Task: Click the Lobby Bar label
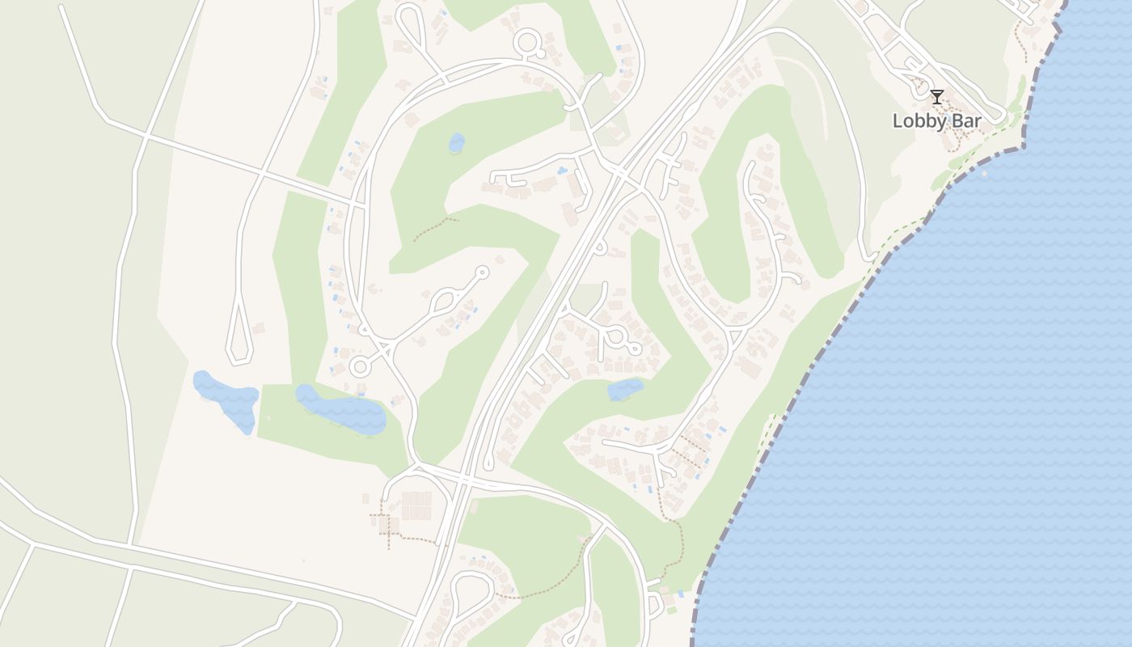coord(936,121)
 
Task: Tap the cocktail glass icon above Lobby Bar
coord(936,98)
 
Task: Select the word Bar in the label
coord(967,121)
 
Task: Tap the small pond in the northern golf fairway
coord(457,143)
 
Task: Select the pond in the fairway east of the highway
coord(625,390)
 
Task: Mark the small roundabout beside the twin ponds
coord(360,367)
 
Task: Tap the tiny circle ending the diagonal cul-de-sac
coord(483,272)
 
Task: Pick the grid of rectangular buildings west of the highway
coord(416,505)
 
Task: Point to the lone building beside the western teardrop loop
coord(259,328)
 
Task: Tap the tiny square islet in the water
coord(984,172)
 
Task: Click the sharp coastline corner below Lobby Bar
coord(1024,147)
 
